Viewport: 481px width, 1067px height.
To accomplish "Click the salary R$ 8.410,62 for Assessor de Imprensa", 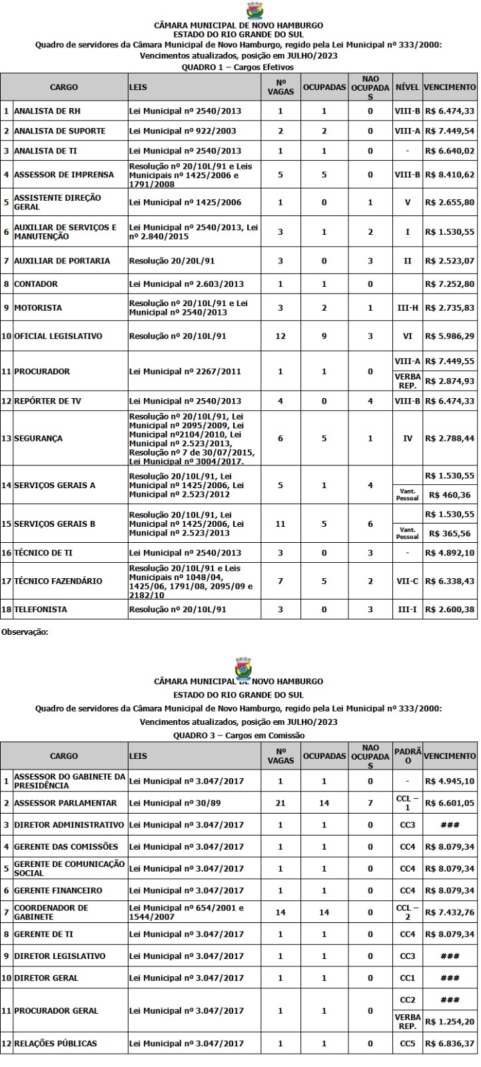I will pyautogui.click(x=450, y=175).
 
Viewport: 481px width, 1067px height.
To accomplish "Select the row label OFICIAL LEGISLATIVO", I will pyautogui.click(x=58, y=336).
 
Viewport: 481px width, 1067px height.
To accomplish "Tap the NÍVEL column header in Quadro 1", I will pyautogui.click(x=406, y=88).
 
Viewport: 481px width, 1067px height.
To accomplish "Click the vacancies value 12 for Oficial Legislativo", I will pyautogui.click(x=280, y=336).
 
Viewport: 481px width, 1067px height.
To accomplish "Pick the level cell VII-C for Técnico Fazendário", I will pyautogui.click(x=406, y=581).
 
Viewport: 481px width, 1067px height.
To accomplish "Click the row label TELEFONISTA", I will pyautogui.click(x=43, y=610).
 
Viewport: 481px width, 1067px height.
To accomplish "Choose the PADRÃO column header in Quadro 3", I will pyautogui.click(x=406, y=756).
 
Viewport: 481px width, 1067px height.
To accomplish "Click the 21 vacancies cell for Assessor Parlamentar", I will pyautogui.click(x=280, y=803).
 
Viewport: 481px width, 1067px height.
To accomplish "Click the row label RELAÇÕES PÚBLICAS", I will pyautogui.click(x=55, y=1043).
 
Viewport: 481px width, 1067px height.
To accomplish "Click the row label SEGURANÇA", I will pyautogui.click(x=38, y=438).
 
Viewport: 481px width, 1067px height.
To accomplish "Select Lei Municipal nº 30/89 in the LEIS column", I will pyautogui.click(x=172, y=803).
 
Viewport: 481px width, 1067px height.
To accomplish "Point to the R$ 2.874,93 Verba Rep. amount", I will pyautogui.click(x=450, y=380).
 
